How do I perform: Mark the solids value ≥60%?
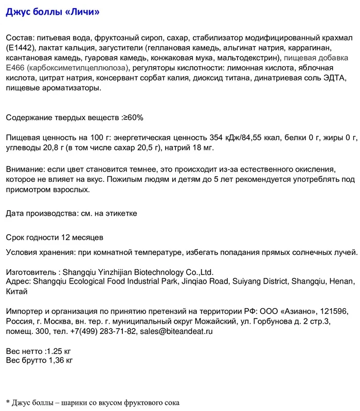[132, 118]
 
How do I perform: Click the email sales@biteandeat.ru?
[176, 331]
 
